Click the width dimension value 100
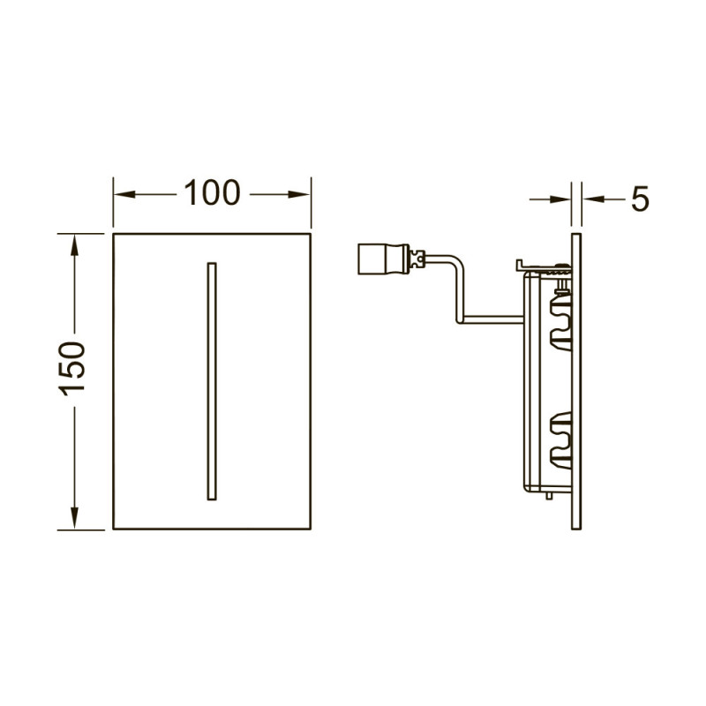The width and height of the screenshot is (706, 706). point(212,192)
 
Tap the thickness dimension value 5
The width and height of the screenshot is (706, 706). point(639,200)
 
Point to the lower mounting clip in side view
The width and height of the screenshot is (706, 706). point(560,436)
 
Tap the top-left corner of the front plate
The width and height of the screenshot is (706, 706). point(114,235)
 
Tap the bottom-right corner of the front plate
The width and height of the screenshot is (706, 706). point(311,529)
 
